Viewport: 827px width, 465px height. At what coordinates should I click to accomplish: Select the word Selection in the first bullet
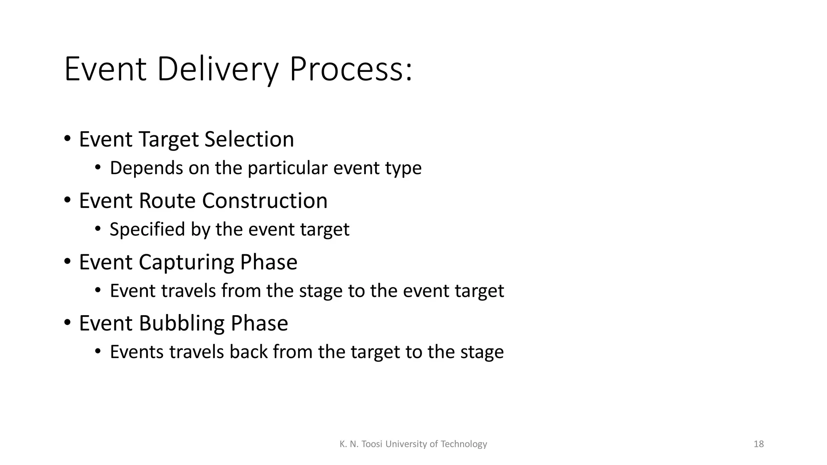tap(249, 139)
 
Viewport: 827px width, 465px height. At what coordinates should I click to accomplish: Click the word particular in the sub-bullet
tap(287, 168)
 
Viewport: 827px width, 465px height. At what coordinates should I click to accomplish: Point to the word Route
tap(167, 201)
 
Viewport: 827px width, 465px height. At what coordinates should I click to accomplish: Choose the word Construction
tap(264, 201)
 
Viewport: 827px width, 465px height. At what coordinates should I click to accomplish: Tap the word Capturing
tap(186, 262)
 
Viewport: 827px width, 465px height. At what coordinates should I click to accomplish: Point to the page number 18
tap(759, 444)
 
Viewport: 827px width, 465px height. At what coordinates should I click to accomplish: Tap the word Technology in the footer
tap(464, 444)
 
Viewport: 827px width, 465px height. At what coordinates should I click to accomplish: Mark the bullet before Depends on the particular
tap(98, 168)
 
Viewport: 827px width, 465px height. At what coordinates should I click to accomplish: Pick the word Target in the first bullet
tap(169, 140)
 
